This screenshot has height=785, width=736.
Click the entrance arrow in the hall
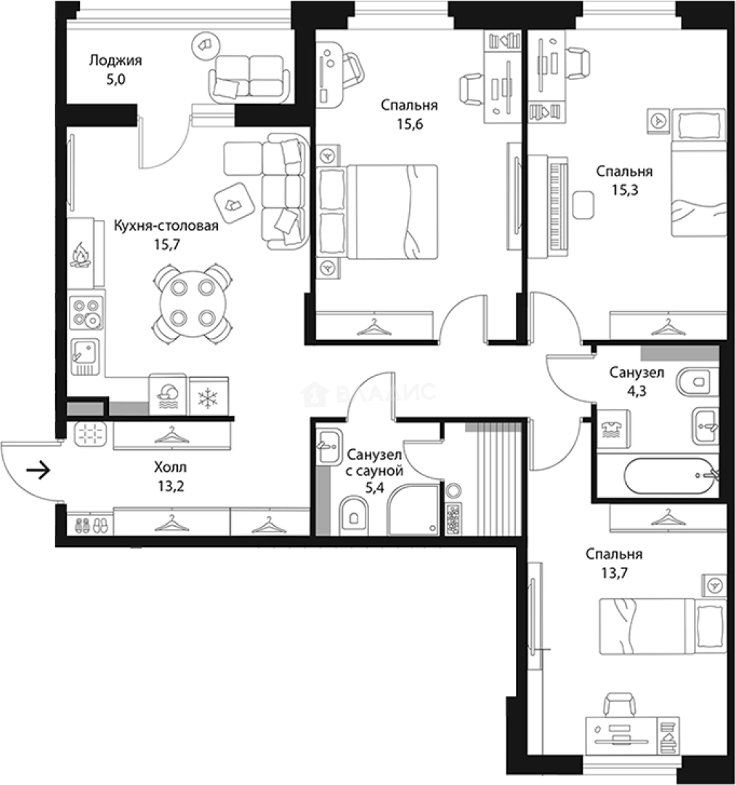pos(39,470)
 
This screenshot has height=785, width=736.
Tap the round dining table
pos(193,303)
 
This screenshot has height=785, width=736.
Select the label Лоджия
pos(116,60)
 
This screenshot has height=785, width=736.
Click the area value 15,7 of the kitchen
pos(167,244)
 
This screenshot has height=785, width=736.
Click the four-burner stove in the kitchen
pos(86,313)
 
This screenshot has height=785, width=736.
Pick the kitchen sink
pos(85,356)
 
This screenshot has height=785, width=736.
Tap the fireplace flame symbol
pos(80,255)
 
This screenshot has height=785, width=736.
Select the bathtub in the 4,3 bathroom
pos(671,475)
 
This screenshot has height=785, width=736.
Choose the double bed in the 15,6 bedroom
pos(378,212)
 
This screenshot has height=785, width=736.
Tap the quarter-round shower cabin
pos(413,509)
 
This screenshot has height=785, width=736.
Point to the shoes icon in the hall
pos(91,526)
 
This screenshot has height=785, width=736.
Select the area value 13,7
pos(614,573)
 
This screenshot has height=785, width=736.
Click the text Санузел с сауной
pos(374,463)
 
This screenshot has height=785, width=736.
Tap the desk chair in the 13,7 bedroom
pos(620,704)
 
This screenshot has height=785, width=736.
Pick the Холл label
pos(171,467)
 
